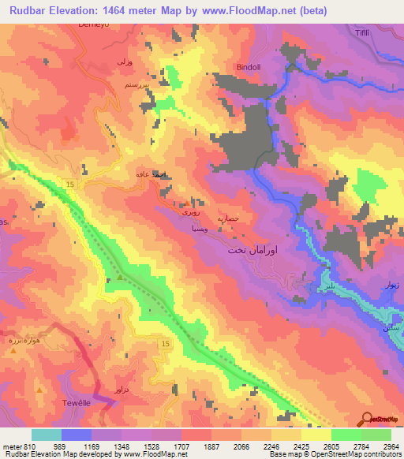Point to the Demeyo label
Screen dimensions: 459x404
tap(94, 25)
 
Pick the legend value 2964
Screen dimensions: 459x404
tap(391, 446)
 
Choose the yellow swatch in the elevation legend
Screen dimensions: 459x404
tap(316, 435)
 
